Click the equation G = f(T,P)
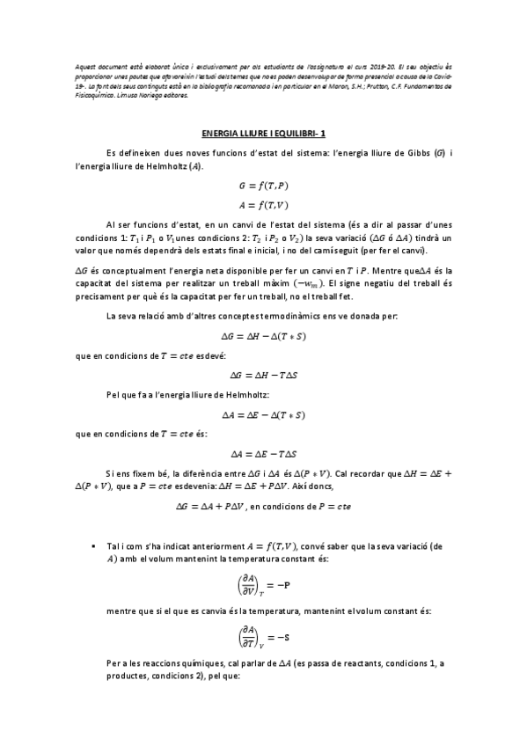(x=263, y=187)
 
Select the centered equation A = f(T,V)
(x=263, y=207)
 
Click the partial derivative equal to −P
(x=263, y=584)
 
